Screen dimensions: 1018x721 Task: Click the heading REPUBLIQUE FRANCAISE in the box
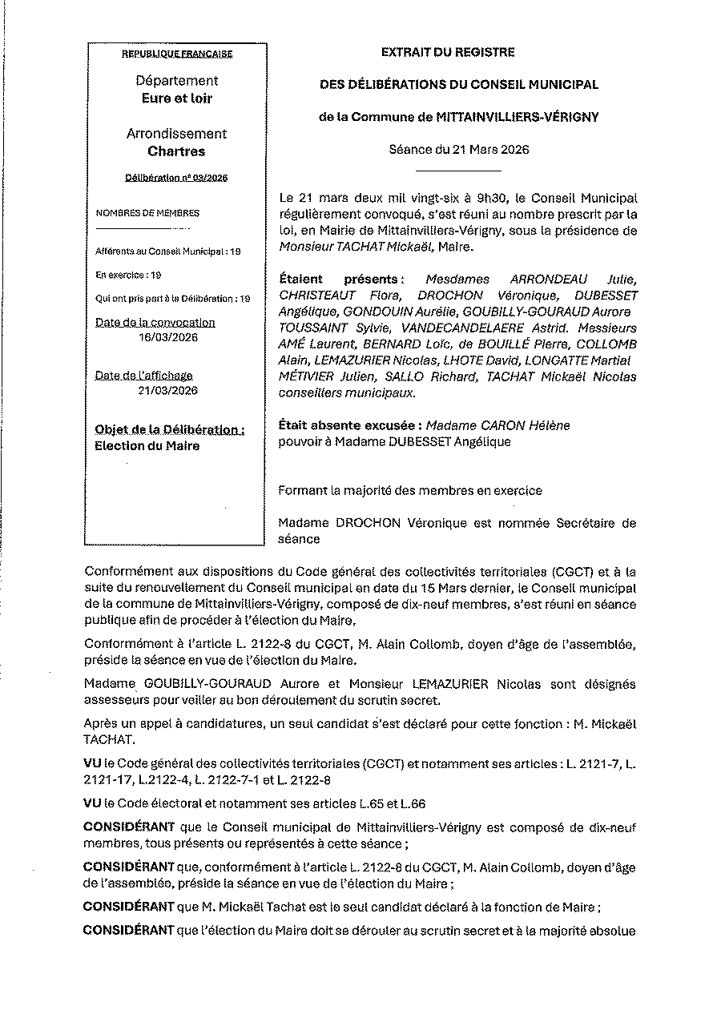pos(176,54)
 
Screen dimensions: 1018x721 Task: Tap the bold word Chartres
pos(176,151)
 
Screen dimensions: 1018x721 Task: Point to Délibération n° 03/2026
pos(176,178)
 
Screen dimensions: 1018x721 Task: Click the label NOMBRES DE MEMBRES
pos(147,213)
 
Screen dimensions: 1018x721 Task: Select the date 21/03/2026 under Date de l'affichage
pos(167,390)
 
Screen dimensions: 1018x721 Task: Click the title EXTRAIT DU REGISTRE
pos(448,52)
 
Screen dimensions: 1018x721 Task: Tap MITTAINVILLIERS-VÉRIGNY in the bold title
pos(517,117)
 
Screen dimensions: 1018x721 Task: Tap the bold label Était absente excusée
pos(349,425)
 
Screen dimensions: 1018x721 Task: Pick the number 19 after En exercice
pos(155,275)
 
